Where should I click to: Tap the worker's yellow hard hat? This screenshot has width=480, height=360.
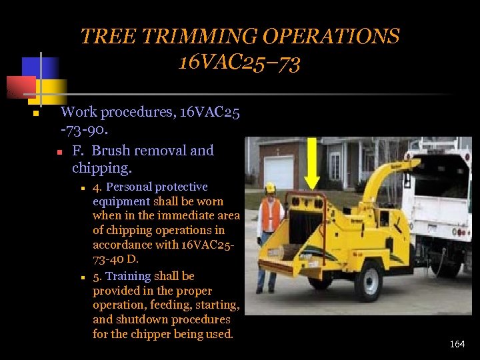[270, 188]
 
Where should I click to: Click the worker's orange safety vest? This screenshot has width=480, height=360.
[270, 215]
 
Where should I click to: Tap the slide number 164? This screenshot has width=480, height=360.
[457, 344]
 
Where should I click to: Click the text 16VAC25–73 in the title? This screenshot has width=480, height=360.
[239, 63]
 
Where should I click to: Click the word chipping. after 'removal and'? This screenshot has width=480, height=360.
[102, 167]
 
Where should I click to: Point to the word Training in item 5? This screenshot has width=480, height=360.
[127, 277]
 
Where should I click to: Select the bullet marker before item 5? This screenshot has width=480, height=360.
[82, 277]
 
